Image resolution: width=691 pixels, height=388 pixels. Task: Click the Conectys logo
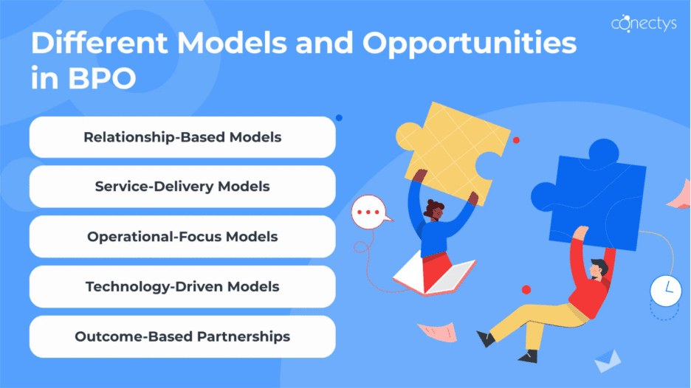pyautogui.click(x=644, y=23)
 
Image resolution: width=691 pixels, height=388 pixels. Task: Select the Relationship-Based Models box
pyautogui.click(x=182, y=137)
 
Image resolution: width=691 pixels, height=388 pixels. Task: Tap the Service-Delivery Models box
pyautogui.click(x=182, y=187)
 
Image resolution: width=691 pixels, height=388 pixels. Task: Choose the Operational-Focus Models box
pyautogui.click(x=182, y=237)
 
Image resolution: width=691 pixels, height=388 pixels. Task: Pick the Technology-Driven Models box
pyautogui.click(x=182, y=287)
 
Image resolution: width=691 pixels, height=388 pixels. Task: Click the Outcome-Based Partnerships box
pyautogui.click(x=182, y=336)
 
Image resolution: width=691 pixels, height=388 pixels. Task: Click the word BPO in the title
pyautogui.click(x=102, y=78)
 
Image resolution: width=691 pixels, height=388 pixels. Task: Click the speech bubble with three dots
pyautogui.click(x=370, y=212)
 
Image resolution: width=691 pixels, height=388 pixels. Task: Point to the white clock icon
pyautogui.click(x=666, y=291)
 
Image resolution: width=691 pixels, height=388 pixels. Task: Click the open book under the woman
pyautogui.click(x=434, y=275)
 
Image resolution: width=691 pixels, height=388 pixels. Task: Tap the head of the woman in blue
pyautogui.click(x=435, y=209)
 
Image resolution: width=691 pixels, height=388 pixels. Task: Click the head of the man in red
pyautogui.click(x=599, y=269)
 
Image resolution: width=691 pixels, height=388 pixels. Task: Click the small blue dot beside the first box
pyautogui.click(x=339, y=117)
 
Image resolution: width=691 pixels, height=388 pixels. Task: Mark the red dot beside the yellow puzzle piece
pyautogui.click(x=516, y=140)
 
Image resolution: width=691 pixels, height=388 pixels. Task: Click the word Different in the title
pyautogui.click(x=99, y=44)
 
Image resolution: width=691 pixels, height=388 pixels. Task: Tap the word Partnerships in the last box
pyautogui.click(x=244, y=337)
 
